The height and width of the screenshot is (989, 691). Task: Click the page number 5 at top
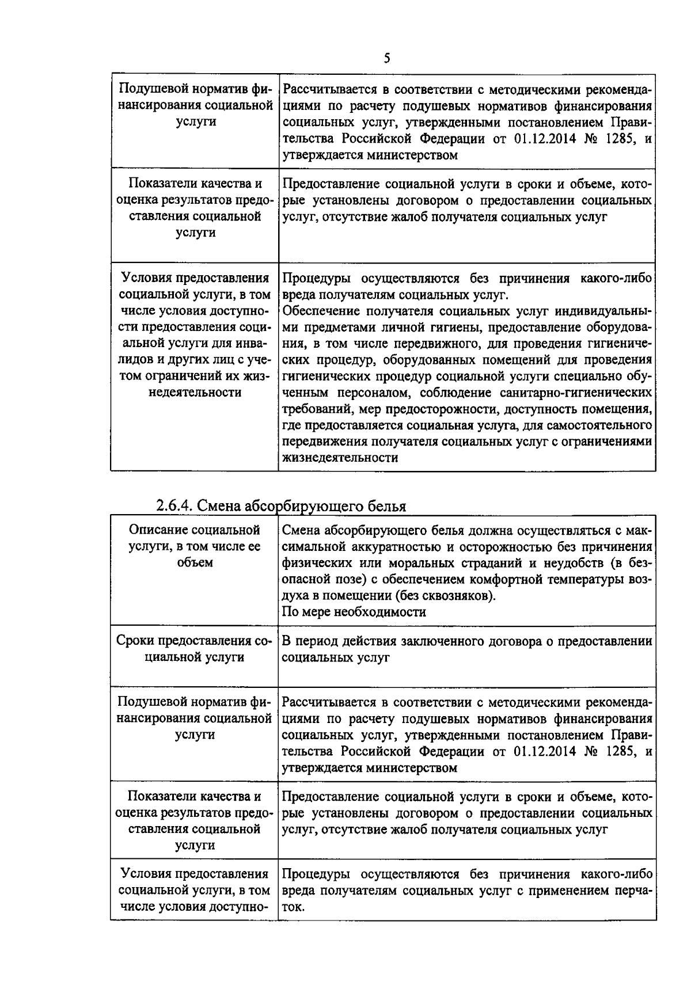pyautogui.click(x=386, y=58)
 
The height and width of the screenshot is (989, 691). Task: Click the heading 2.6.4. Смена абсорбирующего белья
pyautogui.click(x=281, y=506)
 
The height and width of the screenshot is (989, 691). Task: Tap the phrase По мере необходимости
pyautogui.click(x=354, y=612)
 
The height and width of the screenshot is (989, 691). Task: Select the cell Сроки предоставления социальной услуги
pyautogui.click(x=194, y=649)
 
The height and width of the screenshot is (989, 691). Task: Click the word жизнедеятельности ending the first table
pyautogui.click(x=340, y=458)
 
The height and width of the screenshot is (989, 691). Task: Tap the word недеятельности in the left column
pyautogui.click(x=194, y=393)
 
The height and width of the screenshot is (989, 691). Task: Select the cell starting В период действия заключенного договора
pyautogui.click(x=466, y=649)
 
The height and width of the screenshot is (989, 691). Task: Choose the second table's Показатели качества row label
pyautogui.click(x=194, y=820)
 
